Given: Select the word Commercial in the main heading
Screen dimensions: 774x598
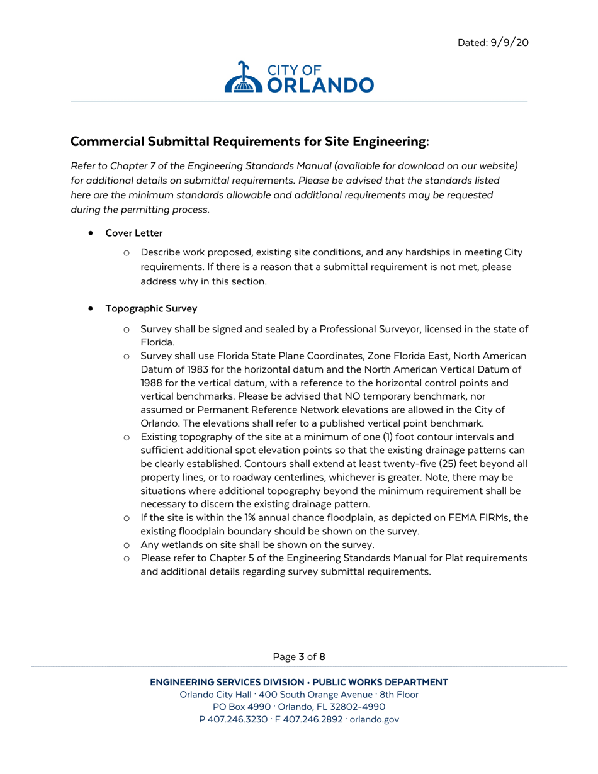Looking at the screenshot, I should pos(107,142).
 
